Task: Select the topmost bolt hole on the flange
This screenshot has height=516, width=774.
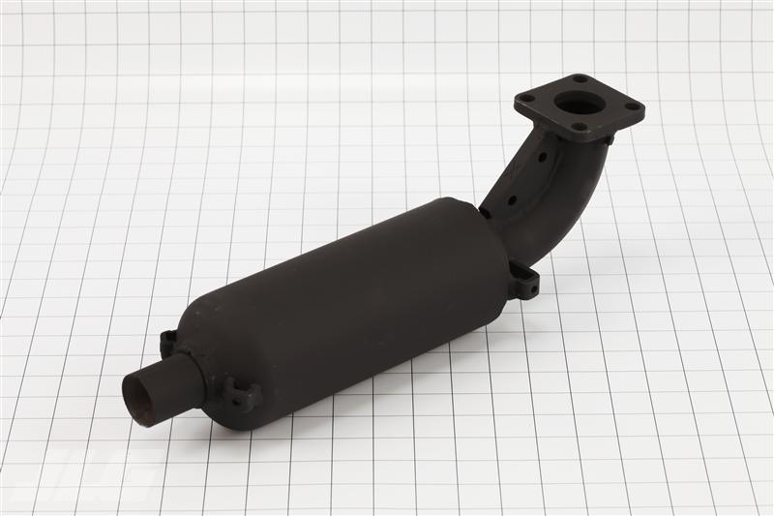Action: point(580,79)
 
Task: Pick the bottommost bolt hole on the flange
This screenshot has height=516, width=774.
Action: point(580,127)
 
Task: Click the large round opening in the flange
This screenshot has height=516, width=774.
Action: point(579,102)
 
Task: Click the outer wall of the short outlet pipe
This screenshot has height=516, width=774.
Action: point(179,379)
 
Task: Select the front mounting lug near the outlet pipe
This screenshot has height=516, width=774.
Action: point(241,394)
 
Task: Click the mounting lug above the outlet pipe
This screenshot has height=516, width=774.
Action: point(167,342)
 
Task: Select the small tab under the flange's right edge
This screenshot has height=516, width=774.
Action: point(609,140)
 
